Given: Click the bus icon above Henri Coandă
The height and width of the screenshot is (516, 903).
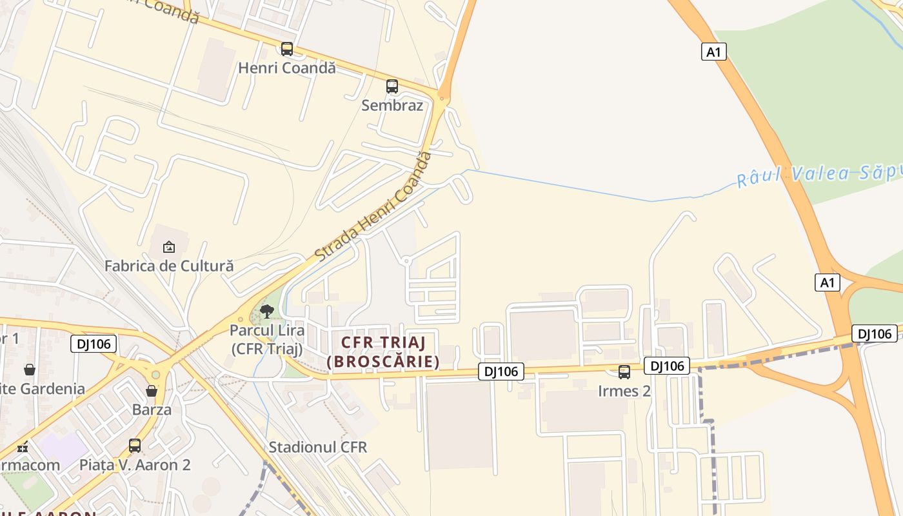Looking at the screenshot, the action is (x=287, y=49).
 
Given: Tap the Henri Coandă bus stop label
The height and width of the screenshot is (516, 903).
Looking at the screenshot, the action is (x=287, y=68).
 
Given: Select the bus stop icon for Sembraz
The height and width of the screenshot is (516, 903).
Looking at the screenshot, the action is (x=392, y=86).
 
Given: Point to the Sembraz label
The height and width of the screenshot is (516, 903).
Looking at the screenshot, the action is (x=392, y=105).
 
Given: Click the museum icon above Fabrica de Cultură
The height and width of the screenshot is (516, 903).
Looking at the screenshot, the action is (x=169, y=246).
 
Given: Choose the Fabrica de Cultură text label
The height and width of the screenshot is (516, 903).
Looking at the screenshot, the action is (x=169, y=265).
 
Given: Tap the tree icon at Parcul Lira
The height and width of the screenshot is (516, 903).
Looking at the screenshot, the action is (x=266, y=312).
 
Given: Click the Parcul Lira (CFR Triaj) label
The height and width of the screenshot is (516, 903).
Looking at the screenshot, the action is (x=266, y=339).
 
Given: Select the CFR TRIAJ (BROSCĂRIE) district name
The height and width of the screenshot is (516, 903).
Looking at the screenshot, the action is (x=383, y=352).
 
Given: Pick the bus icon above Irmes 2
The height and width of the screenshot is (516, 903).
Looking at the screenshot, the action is (x=624, y=372).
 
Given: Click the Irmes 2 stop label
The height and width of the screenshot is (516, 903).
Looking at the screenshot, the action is (x=624, y=391).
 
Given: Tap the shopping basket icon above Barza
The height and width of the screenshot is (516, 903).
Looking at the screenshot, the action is (x=152, y=391).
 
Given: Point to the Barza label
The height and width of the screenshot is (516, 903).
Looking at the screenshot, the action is (x=152, y=410).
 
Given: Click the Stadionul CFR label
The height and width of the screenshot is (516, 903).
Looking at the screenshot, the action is (x=318, y=447).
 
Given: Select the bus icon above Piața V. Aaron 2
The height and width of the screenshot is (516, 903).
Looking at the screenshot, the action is (x=135, y=446).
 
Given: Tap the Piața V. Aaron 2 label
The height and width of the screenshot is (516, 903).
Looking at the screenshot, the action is (x=135, y=464).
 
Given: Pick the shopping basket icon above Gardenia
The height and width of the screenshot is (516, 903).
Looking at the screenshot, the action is (x=30, y=370).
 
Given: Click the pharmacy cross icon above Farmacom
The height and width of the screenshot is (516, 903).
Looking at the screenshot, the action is (x=23, y=446).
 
